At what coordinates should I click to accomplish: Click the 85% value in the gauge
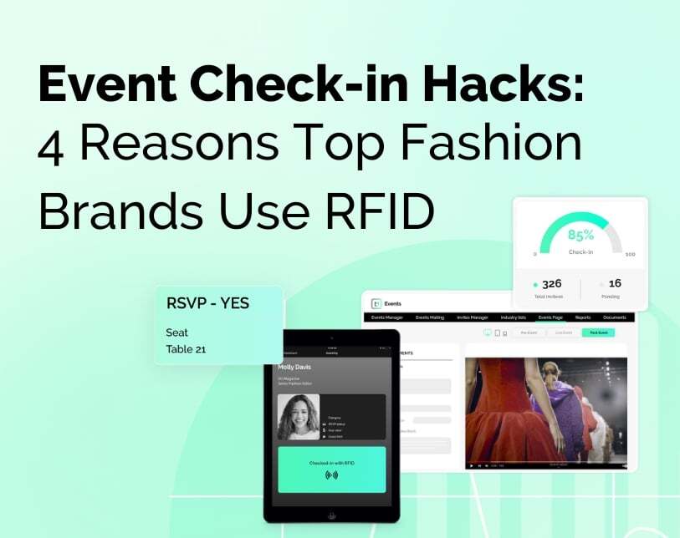pyautogui.click(x=580, y=236)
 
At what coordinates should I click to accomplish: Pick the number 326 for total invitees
pyautogui.click(x=551, y=284)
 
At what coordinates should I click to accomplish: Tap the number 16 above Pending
pyautogui.click(x=615, y=284)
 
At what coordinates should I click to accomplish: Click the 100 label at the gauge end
pyautogui.click(x=630, y=254)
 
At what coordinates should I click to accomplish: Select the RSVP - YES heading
pyautogui.click(x=207, y=303)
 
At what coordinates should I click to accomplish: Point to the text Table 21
pyautogui.click(x=186, y=348)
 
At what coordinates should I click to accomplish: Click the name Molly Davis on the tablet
pyautogui.click(x=299, y=367)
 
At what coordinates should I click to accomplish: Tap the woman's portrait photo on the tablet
pyautogui.click(x=299, y=415)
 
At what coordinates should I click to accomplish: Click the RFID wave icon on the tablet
pyautogui.click(x=331, y=475)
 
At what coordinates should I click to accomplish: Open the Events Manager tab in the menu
pyautogui.click(x=387, y=317)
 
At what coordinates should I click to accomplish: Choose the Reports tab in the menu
pyautogui.click(x=583, y=317)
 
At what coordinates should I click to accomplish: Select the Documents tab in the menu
pyautogui.click(x=614, y=317)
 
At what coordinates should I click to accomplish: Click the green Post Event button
pyautogui.click(x=598, y=332)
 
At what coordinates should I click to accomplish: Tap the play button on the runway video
pyautogui.click(x=471, y=464)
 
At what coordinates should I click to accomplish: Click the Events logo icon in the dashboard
pyautogui.click(x=376, y=303)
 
